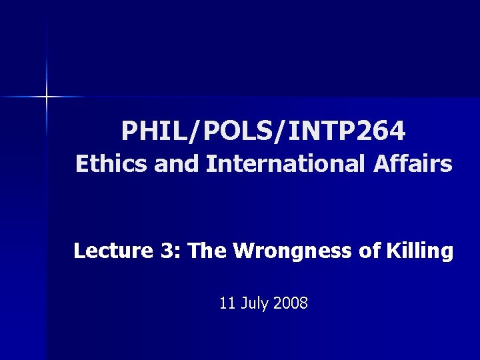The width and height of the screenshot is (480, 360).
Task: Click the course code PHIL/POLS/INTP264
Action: (263, 131)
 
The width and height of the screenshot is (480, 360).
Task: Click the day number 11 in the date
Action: (227, 304)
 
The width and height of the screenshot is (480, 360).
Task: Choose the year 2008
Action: (291, 304)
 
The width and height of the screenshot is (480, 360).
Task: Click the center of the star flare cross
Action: (47, 97)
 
